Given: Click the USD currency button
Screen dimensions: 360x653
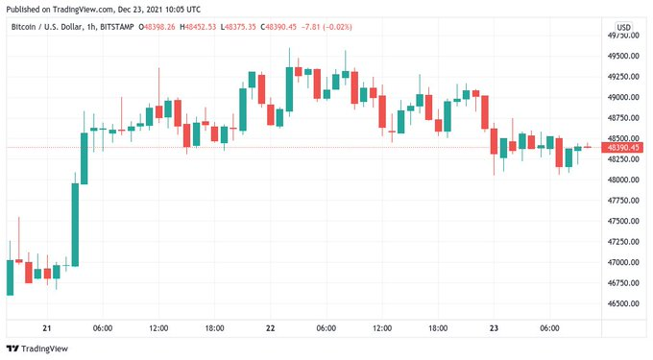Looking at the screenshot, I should click(x=623, y=27).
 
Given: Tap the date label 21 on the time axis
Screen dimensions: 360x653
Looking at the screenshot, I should click(x=47, y=328).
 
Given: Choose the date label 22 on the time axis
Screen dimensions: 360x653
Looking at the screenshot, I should click(x=270, y=328).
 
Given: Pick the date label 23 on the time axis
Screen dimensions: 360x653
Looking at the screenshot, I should click(x=494, y=328).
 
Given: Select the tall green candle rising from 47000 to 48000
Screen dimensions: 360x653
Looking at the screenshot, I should click(x=75, y=224).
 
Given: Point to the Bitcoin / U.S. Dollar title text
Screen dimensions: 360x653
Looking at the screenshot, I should click(x=44, y=27).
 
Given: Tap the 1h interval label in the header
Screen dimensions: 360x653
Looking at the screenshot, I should click(x=91, y=27).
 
